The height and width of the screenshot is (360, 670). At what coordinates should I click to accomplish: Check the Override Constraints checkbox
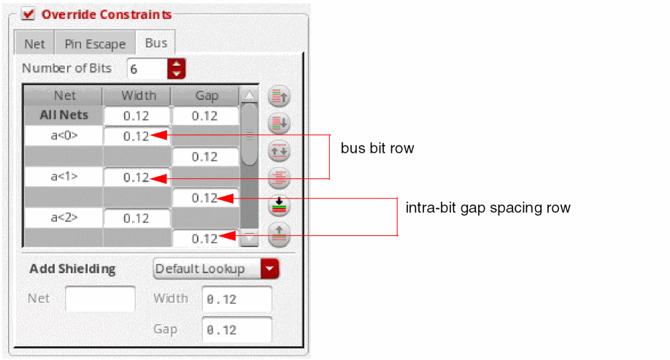[28, 14]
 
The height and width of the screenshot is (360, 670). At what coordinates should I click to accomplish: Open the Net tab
[34, 44]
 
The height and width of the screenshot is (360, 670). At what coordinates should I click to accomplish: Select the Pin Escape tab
[95, 44]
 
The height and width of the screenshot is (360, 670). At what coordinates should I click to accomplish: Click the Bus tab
[156, 43]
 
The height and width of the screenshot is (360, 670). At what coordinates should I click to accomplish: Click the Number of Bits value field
[147, 69]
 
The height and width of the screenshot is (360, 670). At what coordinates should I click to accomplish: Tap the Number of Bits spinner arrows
[177, 69]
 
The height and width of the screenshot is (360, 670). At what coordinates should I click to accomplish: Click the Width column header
[138, 96]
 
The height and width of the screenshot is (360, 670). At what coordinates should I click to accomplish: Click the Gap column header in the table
[207, 96]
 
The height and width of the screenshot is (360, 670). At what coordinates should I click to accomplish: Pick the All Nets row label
[63, 115]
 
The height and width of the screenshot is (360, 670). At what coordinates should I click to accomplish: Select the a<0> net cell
[63, 136]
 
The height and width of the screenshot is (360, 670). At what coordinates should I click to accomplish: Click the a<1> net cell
[63, 177]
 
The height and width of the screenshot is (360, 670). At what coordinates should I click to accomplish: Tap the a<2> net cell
[63, 218]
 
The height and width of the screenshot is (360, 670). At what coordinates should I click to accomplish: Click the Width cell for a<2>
[136, 218]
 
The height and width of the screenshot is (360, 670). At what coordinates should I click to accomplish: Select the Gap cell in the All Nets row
[205, 116]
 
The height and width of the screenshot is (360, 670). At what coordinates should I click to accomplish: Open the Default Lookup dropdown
[216, 269]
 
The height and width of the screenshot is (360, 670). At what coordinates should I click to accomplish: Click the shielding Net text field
[100, 299]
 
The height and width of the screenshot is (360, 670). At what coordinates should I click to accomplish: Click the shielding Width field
[236, 299]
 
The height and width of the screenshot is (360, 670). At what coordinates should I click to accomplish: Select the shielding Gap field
[236, 329]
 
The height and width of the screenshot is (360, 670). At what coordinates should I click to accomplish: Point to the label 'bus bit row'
[377, 148]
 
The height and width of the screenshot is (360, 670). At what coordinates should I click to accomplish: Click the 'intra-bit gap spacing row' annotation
[488, 208]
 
